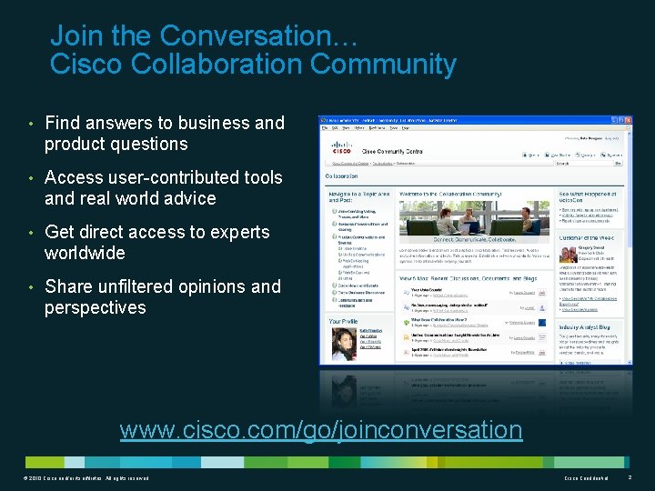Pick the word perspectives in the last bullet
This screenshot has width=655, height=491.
96,307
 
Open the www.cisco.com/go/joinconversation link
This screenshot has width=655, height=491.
321,429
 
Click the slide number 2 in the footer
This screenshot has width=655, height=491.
630,477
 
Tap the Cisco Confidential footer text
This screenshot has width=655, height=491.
587,478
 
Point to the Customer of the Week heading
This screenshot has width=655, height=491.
588,237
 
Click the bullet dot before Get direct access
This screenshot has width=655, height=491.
31,233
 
